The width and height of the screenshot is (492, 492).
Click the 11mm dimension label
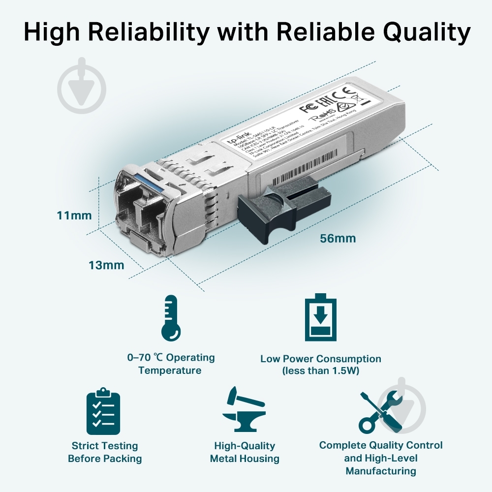coord(74,215)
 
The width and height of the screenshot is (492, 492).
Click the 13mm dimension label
coord(106,265)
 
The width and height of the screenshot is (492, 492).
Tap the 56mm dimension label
coord(338,239)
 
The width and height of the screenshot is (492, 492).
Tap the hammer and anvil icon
coord(244,410)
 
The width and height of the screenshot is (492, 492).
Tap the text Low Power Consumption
coord(320,359)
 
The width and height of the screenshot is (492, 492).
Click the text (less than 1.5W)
coord(320,370)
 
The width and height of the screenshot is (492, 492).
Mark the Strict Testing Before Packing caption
coord(104,452)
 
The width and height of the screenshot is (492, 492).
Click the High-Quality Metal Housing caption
coord(245,452)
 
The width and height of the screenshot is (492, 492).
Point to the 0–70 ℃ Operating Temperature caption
coord(170,364)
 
